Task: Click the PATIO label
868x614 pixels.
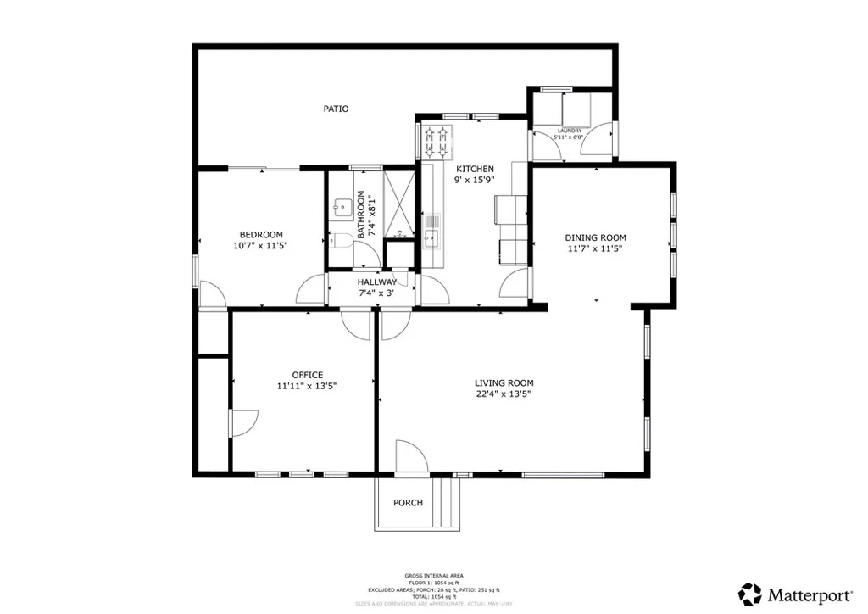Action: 336,109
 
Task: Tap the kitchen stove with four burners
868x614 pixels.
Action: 439,142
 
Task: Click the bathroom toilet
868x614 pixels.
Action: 341,239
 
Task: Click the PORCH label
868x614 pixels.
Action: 408,503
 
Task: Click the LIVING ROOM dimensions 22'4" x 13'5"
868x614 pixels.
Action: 504,394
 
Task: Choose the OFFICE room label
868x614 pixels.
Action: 307,375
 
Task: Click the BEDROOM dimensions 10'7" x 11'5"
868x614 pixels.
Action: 260,246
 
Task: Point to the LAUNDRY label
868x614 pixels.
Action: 569,131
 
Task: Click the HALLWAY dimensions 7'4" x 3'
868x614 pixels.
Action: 376,293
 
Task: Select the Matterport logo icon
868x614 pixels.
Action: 749,593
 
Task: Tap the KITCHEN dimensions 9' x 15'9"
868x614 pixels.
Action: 475,180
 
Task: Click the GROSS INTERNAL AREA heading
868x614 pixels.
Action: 433,576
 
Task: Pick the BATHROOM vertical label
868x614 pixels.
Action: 360,214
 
